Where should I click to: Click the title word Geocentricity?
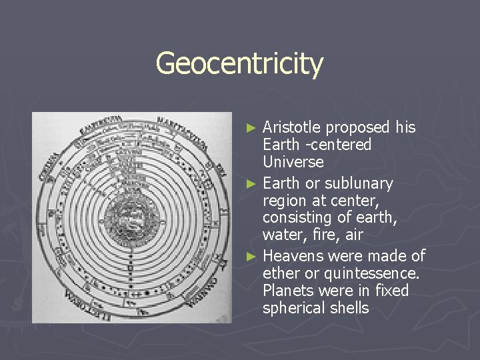click(x=239, y=64)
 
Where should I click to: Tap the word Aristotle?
click(x=291, y=127)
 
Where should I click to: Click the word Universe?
click(x=293, y=162)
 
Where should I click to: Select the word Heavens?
click(x=293, y=256)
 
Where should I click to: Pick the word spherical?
click(x=293, y=308)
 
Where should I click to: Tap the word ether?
click(x=279, y=273)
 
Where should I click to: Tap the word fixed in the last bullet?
click(x=391, y=291)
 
